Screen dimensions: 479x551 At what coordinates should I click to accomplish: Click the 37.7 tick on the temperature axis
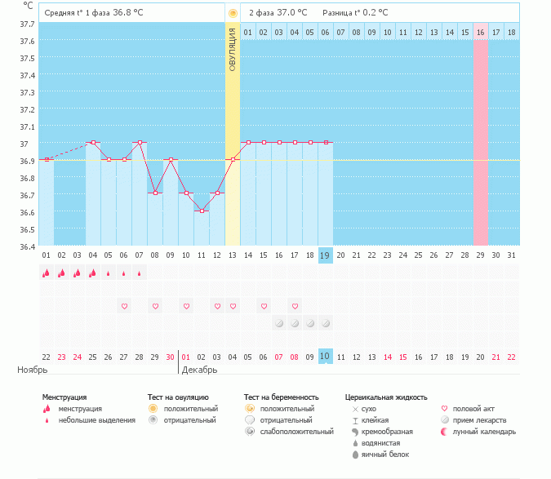click(27, 24)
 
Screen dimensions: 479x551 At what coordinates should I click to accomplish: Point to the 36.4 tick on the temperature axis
click(27, 246)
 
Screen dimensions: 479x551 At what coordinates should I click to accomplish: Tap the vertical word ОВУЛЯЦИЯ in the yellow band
click(233, 49)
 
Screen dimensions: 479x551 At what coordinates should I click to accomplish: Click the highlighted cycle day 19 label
click(326, 255)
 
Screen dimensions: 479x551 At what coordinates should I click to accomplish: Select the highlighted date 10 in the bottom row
click(326, 357)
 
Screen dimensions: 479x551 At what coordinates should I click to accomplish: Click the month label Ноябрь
click(32, 370)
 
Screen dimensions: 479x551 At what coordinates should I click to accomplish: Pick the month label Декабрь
click(199, 370)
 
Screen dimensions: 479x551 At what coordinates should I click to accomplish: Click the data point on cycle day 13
click(233, 159)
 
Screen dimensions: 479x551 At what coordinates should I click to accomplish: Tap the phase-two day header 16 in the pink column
click(481, 32)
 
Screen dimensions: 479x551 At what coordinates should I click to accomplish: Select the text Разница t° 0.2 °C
click(355, 13)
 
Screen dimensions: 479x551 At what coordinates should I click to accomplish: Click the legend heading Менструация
click(64, 397)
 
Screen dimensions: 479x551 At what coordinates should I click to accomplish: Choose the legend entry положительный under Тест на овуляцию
click(190, 409)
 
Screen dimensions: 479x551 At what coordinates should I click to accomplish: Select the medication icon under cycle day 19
click(326, 323)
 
